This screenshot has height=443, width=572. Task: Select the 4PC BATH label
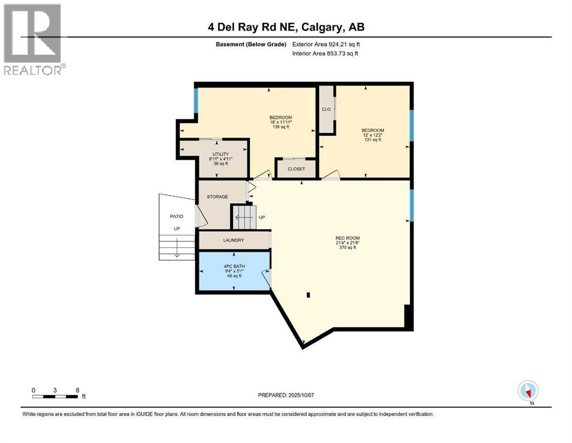(234, 266)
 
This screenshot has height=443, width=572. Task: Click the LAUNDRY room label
(233, 241)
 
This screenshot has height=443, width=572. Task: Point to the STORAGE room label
(218, 197)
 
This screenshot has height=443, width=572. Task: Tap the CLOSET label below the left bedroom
(296, 169)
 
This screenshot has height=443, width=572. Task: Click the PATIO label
(176, 216)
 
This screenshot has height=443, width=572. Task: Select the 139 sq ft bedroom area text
(281, 126)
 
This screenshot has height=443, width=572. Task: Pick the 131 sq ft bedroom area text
(372, 140)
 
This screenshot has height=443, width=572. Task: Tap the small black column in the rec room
(308, 295)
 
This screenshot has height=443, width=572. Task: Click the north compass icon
(528, 391)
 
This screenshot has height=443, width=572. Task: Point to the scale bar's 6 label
(77, 390)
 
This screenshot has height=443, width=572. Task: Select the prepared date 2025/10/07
(286, 395)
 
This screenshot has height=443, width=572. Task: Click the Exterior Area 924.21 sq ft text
(327, 44)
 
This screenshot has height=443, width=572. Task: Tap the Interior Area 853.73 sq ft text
(325, 54)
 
